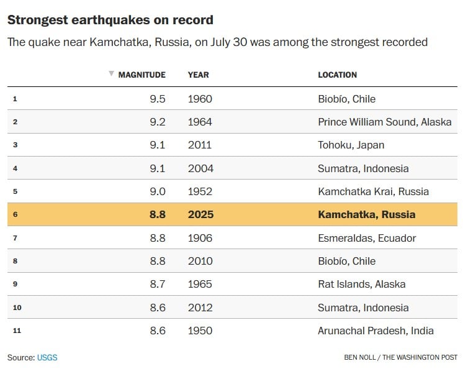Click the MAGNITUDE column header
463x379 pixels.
coord(142,75)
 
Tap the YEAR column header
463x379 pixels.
coord(198,75)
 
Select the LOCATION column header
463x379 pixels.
coord(337,75)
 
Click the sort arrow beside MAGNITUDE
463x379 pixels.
coord(111,74)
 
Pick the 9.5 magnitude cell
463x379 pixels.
coord(157,99)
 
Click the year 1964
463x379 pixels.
coord(200,122)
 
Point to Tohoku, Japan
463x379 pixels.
coord(351,145)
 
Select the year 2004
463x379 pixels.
coord(200,168)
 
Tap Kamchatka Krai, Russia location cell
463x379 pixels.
coord(373,191)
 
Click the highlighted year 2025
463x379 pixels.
coord(200,214)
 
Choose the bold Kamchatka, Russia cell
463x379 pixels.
coord(366,214)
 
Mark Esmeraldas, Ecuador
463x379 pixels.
coord(367,238)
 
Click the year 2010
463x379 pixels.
coord(200,261)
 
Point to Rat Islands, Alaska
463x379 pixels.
coord(361,284)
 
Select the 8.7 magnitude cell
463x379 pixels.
coord(157,284)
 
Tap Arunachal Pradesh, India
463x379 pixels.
coord(375,331)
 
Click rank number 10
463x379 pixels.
coord(17,308)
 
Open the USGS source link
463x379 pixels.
coord(47,357)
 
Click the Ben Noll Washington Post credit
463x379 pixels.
coord(400,357)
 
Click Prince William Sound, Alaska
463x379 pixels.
coord(384,122)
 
